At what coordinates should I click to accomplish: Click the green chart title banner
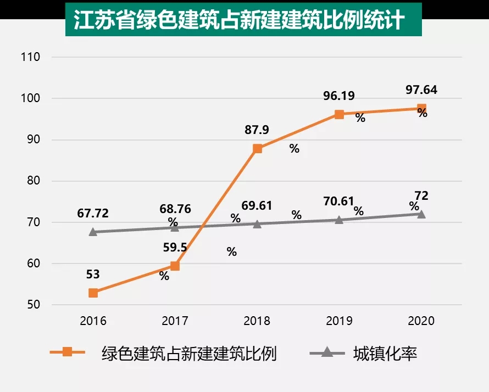(243, 21)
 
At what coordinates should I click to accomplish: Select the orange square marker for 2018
(257, 149)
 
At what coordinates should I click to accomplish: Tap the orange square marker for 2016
(93, 293)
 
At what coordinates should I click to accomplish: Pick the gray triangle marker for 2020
(421, 214)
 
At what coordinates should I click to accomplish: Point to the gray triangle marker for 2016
(93, 232)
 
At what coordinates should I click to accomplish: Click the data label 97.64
(421, 90)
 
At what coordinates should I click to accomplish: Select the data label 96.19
(339, 96)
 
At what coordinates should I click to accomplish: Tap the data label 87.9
(257, 130)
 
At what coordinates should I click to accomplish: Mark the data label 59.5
(175, 247)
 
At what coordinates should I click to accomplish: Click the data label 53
(93, 273)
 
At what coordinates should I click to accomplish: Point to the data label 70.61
(339, 201)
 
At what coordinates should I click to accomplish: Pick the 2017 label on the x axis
(175, 321)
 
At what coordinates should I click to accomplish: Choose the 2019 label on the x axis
(339, 321)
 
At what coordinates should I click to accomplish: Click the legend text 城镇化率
(385, 353)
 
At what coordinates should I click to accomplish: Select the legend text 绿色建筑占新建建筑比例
(189, 353)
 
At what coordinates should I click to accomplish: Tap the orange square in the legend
(67, 352)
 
